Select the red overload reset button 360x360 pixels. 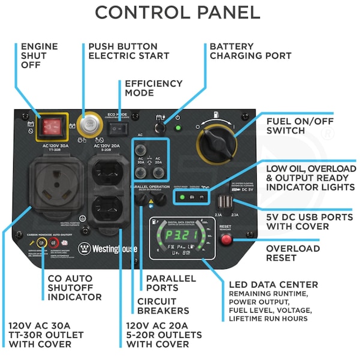tap(227, 240)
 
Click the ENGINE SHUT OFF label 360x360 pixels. tap(40, 56)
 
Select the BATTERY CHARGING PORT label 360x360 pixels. tap(250, 51)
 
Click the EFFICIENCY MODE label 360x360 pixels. tap(153, 88)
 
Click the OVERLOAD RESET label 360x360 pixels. tap(293, 253)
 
